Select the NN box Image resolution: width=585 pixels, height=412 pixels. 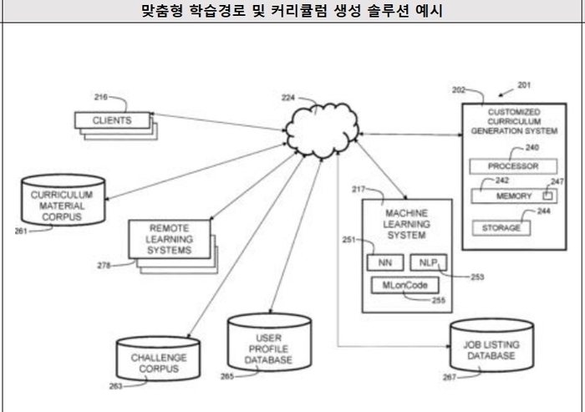click(x=385, y=262)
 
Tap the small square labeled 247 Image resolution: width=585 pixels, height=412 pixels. click(x=548, y=195)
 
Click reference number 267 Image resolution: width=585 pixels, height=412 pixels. click(x=450, y=378)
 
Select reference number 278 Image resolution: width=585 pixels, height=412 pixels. click(x=104, y=265)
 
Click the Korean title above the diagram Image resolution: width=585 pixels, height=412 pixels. click(x=292, y=11)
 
